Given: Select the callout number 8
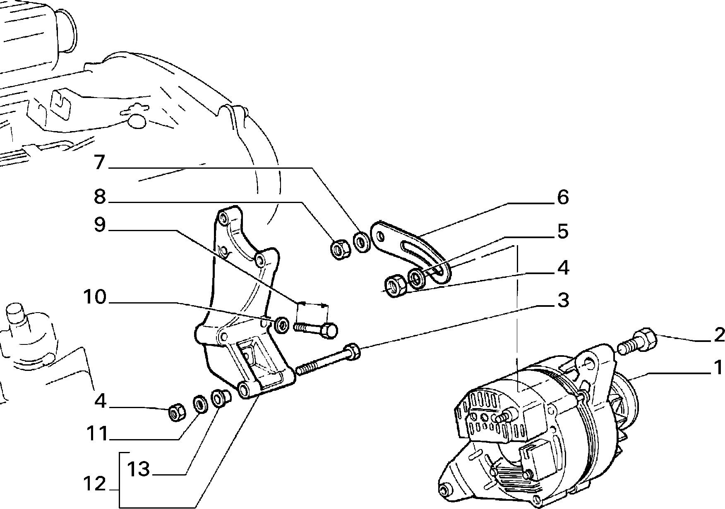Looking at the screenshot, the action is tap(100, 197).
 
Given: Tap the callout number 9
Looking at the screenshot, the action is tap(100, 225).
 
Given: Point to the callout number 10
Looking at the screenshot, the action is tap(95, 297).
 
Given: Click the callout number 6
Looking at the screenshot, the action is tap(563, 197).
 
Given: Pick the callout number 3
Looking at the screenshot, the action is tap(563, 301).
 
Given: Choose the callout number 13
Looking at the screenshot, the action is tap(138, 469).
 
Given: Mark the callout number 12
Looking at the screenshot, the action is tap(95, 484).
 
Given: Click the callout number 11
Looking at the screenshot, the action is tap(97, 434).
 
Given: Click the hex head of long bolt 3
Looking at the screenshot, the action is tap(353, 351).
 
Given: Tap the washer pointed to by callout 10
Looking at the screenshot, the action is tap(282, 324).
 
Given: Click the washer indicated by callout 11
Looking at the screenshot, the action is tap(201, 404).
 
